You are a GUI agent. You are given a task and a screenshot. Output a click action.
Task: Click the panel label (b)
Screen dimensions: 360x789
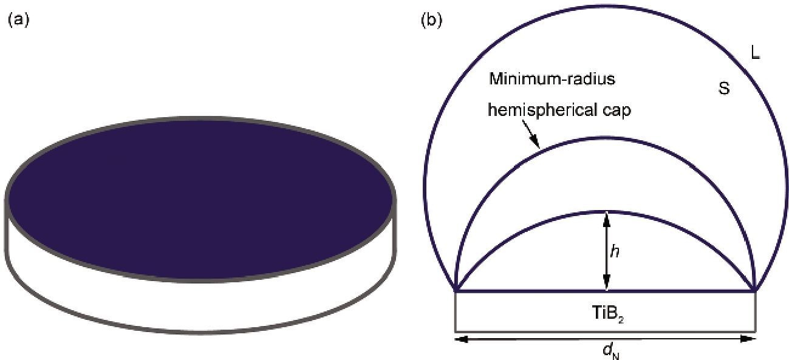pyautogui.click(x=431, y=19)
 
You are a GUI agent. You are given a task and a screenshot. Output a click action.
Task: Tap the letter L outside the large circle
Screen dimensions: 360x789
pyautogui.click(x=755, y=53)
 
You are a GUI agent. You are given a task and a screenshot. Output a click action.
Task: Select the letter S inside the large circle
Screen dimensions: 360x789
pyautogui.click(x=723, y=89)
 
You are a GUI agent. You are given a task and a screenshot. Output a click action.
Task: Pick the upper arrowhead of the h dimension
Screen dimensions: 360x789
pyautogui.click(x=606, y=216)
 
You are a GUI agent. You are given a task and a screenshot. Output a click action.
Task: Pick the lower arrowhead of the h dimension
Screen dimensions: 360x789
pyautogui.click(x=606, y=287)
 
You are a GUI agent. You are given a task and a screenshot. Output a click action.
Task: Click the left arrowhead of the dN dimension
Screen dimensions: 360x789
pyautogui.click(x=460, y=339)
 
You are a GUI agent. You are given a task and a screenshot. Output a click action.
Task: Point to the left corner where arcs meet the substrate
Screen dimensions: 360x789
pyautogui.click(x=456, y=291)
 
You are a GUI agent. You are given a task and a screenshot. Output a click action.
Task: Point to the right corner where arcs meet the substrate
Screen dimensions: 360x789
pyautogui.click(x=755, y=291)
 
